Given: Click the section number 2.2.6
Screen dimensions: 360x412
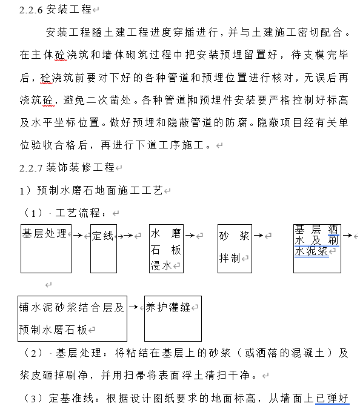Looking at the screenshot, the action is coord(31,10).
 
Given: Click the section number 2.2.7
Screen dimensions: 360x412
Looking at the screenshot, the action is coord(31,167).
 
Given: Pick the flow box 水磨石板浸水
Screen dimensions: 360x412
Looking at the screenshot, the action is coord(166,248).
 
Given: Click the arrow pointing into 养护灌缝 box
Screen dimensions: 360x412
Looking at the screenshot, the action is coord(136,307).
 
